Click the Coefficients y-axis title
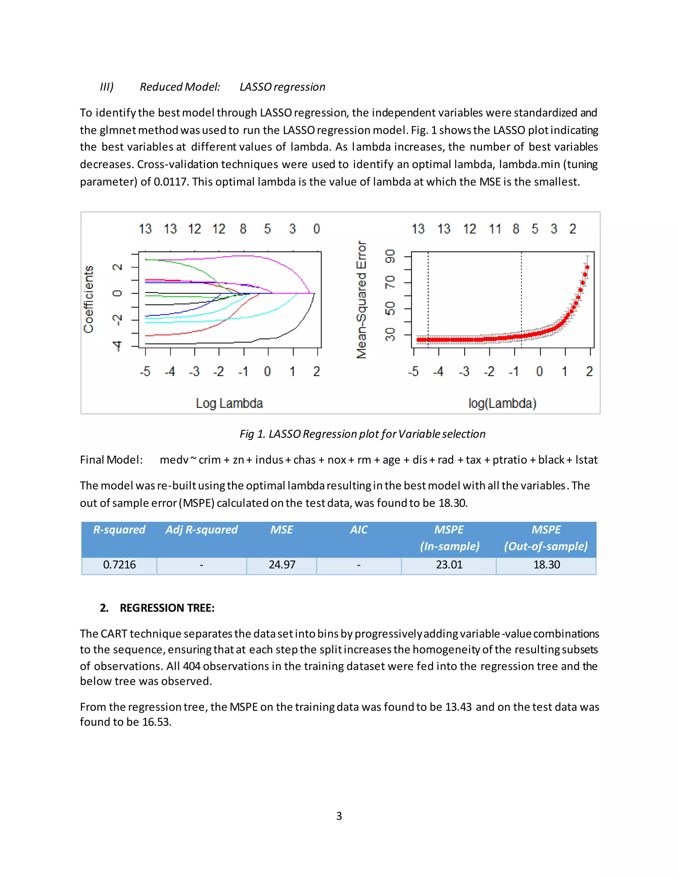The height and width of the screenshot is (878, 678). [88, 299]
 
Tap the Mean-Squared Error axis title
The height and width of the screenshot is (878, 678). [362, 300]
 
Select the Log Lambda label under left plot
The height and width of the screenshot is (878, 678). [229, 403]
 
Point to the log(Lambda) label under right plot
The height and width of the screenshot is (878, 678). [502, 403]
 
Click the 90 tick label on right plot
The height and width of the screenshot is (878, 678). [390, 256]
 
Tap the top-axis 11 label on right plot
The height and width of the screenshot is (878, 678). [495, 229]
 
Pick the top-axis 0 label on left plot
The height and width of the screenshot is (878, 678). [316, 229]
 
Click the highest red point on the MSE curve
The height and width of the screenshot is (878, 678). [587, 267]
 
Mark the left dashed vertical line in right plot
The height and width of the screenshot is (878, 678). [428, 298]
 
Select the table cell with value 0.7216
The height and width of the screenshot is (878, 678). [119, 565]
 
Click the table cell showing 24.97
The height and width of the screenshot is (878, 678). [282, 565]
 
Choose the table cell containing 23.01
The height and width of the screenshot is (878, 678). [449, 565]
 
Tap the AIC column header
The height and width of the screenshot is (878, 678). [358, 530]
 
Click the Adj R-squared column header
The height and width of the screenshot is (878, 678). [201, 530]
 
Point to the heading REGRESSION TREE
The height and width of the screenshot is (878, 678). [167, 608]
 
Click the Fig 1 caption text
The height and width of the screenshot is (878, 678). [362, 434]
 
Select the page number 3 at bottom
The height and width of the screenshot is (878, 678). [339, 816]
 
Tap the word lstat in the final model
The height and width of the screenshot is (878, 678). [586, 460]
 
